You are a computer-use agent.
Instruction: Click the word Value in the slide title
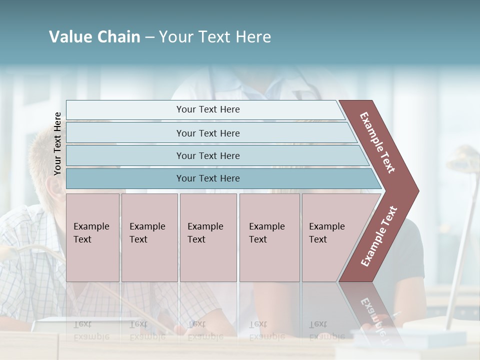point(69,37)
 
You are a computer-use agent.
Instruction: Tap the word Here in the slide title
point(252,37)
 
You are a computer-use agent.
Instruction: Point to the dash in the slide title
point(149,37)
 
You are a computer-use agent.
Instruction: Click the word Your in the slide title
point(173,37)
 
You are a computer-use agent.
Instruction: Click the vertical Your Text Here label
point(57,144)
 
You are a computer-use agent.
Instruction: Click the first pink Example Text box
point(92,237)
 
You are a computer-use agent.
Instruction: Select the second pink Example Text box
point(149,237)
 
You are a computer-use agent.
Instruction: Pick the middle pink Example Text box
point(208,237)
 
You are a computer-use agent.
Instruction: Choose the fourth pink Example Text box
point(269,237)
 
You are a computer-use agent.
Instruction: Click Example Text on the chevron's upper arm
point(377,142)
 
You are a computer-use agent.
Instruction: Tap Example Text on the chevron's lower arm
point(379,236)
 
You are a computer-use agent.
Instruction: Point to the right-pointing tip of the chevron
point(416,191)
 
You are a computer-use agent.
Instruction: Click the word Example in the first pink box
point(91,226)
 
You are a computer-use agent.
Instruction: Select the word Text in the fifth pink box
point(318,239)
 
